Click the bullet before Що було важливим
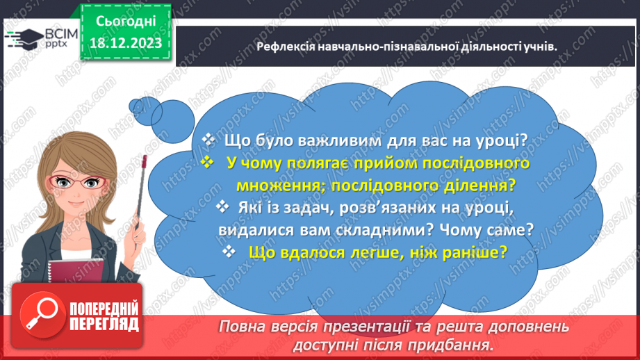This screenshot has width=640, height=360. tap(207, 139)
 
